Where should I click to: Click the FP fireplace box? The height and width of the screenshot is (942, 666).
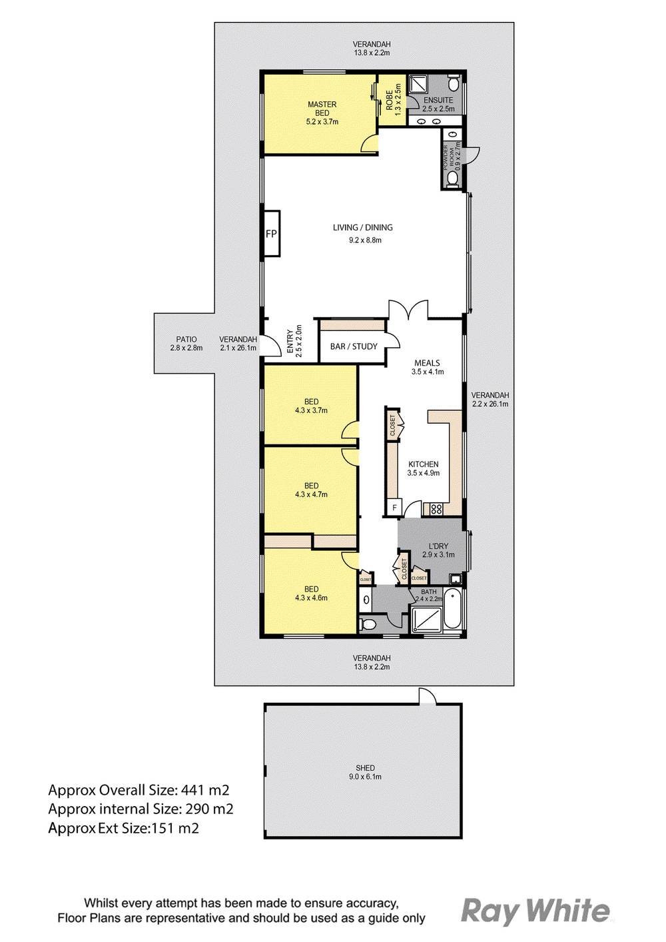[271, 233]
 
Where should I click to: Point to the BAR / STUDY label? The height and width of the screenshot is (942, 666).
[354, 346]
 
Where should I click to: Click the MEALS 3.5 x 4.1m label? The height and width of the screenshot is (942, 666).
[427, 368]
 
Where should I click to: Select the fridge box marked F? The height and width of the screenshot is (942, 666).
[394, 508]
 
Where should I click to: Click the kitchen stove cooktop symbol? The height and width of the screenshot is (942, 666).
[436, 509]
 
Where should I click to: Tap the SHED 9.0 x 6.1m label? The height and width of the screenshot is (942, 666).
[365, 772]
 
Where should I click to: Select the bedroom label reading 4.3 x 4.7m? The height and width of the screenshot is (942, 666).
[311, 490]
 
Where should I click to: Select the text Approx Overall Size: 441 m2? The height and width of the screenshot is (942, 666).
[139, 791]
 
